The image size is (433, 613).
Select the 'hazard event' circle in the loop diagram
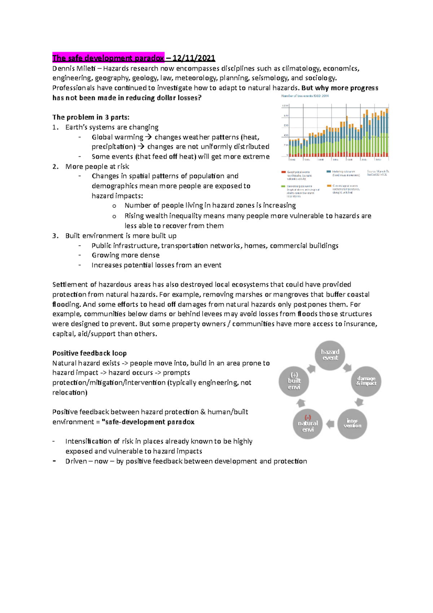(x=330, y=355)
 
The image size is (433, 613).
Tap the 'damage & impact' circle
(x=366, y=381)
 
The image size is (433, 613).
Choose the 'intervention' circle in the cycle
(x=352, y=423)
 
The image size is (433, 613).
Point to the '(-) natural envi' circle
(x=307, y=424)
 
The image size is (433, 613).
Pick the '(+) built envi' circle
(x=294, y=381)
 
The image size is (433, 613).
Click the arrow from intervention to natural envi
(x=330, y=424)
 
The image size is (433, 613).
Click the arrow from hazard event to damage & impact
(x=347, y=368)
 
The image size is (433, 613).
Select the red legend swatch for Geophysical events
(x=284, y=172)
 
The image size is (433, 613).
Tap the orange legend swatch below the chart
(x=329, y=186)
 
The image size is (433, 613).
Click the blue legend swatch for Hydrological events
(x=329, y=172)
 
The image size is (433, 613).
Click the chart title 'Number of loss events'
(x=305, y=96)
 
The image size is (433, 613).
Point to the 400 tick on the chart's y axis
(x=285, y=135)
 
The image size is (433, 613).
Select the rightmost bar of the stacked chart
(x=388, y=134)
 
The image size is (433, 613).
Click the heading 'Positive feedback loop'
(x=89, y=353)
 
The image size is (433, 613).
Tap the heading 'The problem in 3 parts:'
(x=91, y=117)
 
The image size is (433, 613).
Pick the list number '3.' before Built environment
(x=55, y=236)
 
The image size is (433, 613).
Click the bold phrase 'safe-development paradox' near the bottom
(x=149, y=422)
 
